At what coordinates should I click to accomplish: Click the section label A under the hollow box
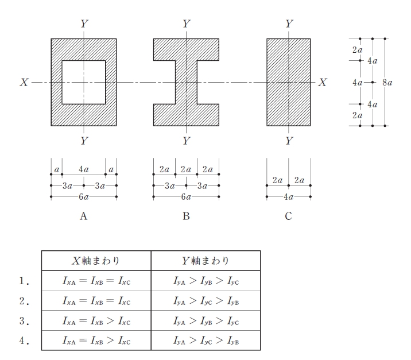point(83,216)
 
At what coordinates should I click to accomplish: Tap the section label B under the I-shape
point(186,216)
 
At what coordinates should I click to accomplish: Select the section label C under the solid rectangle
point(288,216)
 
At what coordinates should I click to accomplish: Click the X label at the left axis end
point(24,82)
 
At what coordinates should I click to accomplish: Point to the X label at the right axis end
point(323,82)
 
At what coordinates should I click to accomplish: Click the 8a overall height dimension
point(387,83)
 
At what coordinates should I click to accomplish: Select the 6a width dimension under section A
point(84,196)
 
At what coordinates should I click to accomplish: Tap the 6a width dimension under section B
point(186,196)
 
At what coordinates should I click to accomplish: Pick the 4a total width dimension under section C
point(288,196)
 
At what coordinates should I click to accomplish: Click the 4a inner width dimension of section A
point(84,169)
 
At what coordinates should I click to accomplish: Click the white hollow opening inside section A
point(84,82)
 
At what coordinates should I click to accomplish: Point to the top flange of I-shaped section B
point(186,50)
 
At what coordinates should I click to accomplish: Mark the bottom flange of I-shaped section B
point(186,115)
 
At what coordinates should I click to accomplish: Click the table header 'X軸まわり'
point(96,261)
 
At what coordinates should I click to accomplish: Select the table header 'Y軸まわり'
point(205,261)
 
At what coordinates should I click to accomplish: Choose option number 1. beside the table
point(24,281)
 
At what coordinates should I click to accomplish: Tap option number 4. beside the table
point(24,340)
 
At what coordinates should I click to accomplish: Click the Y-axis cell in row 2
point(205,301)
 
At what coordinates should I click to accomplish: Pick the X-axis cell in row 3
point(96,321)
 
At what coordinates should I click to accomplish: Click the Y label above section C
point(289,24)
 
